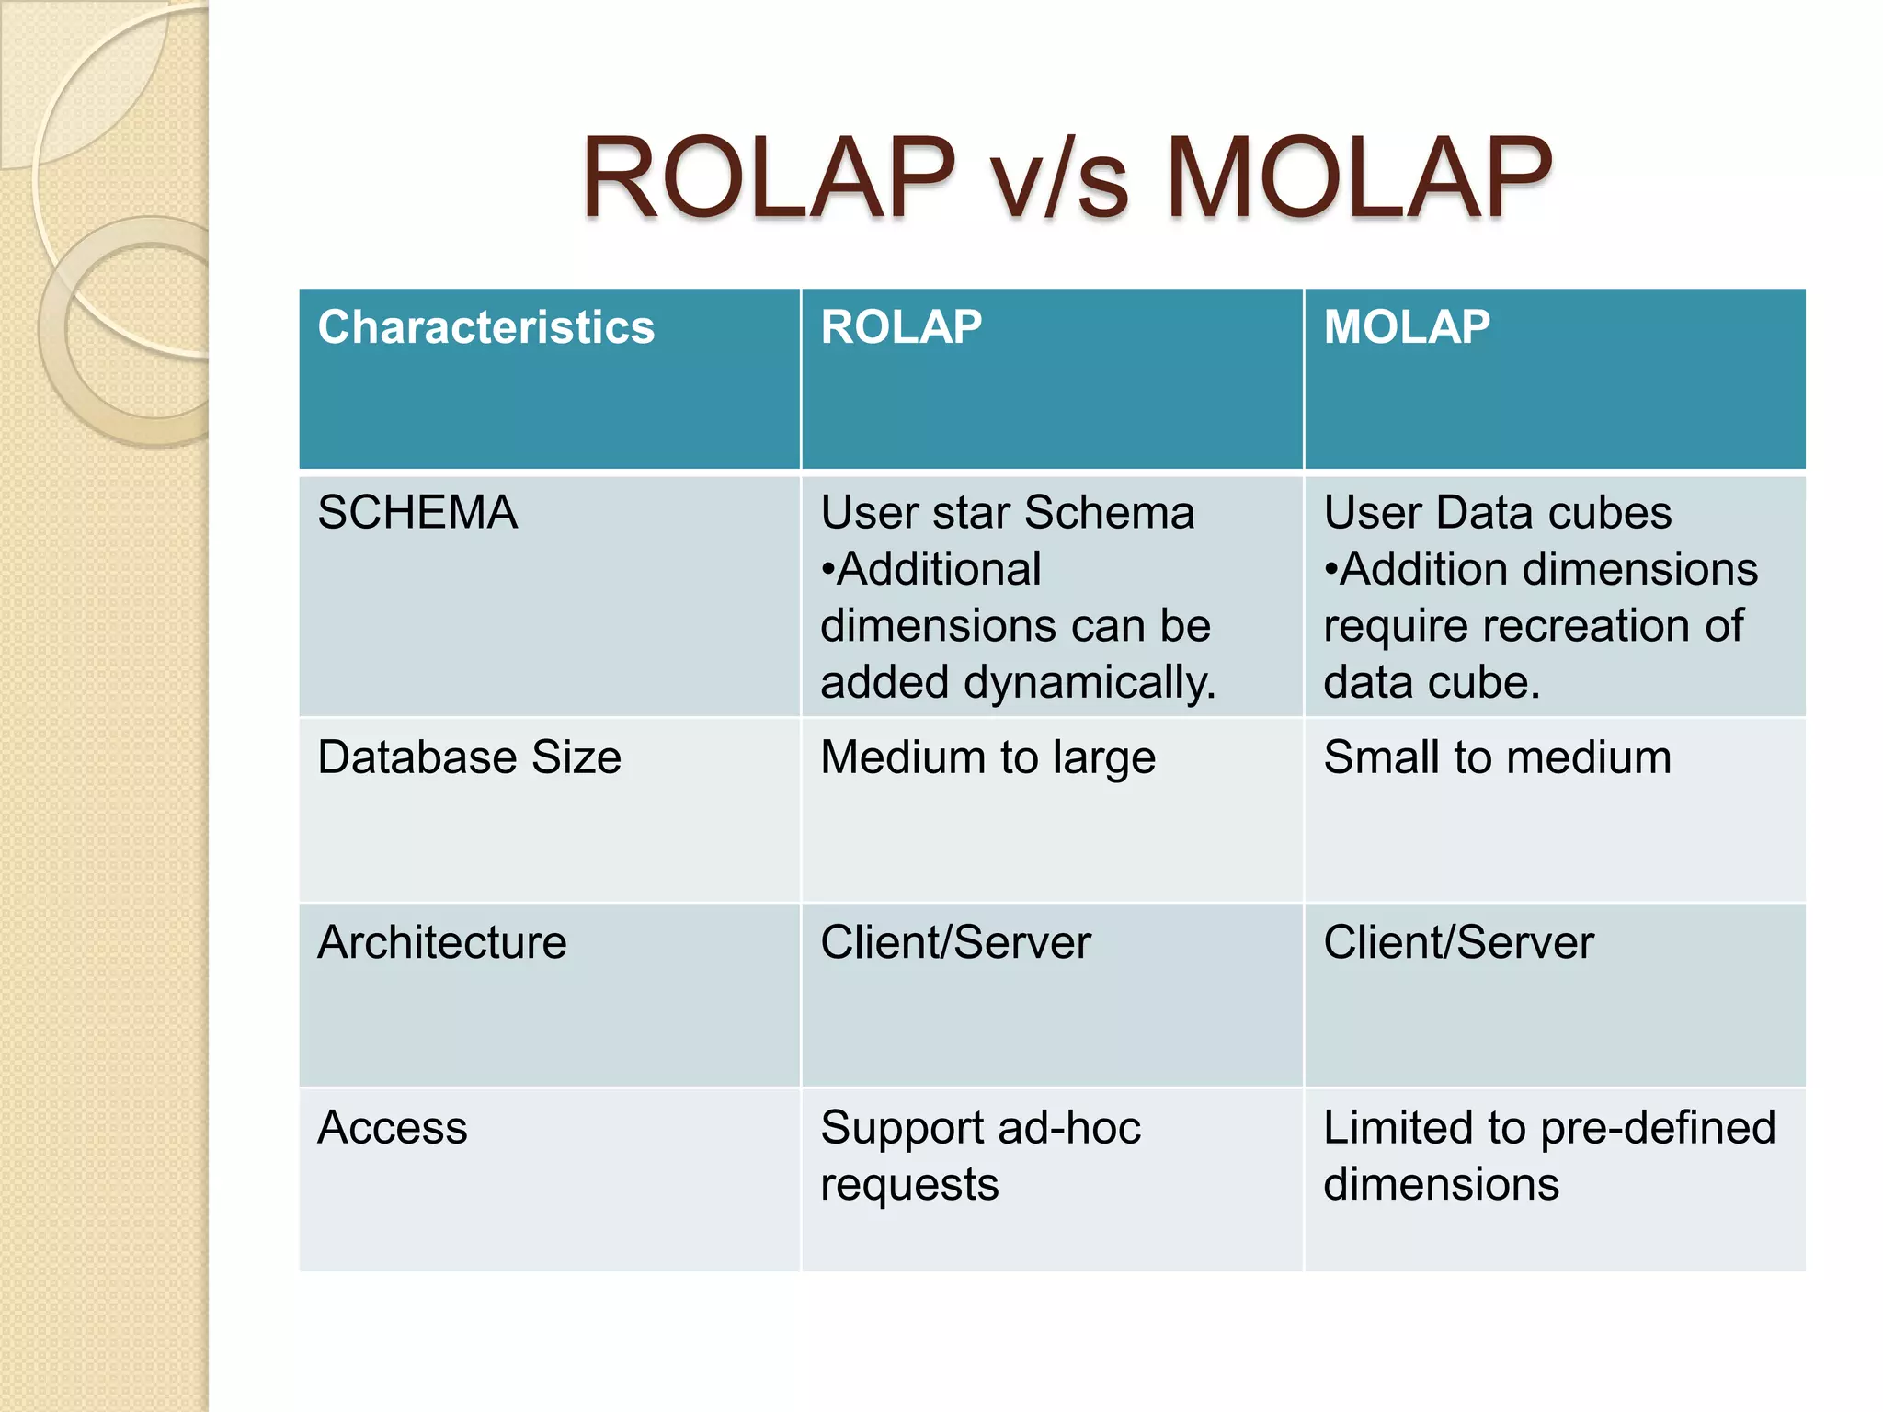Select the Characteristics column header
(485, 328)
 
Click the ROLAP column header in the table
(901, 328)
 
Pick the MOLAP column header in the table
(1407, 328)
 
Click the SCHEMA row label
(417, 513)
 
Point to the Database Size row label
(469, 758)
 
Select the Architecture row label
(441, 943)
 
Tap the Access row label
(393, 1128)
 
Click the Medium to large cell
(987, 758)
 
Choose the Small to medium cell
(1497, 758)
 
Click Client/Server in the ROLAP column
(955, 943)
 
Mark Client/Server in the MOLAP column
(1458, 943)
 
